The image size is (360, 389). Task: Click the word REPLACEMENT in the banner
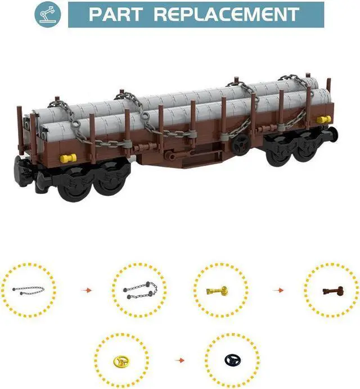227,14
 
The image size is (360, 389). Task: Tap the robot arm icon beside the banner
48,15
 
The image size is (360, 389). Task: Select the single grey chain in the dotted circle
28,290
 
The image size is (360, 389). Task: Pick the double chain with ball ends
139,291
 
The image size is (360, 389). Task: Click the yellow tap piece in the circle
219,290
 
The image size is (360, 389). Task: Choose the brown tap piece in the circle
331,291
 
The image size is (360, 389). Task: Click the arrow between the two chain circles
86,290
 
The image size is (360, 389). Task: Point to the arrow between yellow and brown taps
278,290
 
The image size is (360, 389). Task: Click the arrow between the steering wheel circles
178,359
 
